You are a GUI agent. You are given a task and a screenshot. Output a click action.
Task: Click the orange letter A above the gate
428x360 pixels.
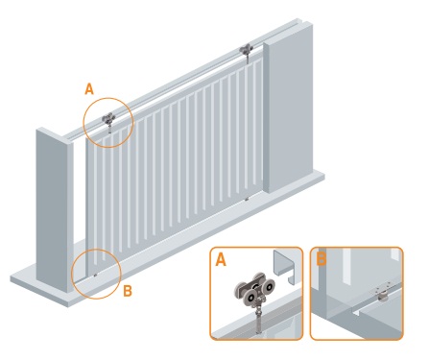click(x=89, y=89)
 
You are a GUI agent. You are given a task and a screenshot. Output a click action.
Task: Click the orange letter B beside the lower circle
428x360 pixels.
click(x=128, y=291)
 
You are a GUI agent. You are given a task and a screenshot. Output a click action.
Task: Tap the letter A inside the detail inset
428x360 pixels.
click(x=221, y=259)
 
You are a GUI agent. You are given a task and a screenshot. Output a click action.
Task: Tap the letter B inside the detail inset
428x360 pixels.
click(x=321, y=259)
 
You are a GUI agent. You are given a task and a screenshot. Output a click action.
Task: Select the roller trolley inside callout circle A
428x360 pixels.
click(x=108, y=119)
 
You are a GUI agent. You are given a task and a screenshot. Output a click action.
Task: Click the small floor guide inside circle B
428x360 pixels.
click(x=95, y=275)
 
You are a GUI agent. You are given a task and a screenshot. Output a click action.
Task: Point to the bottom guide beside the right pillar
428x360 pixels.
click(x=247, y=199)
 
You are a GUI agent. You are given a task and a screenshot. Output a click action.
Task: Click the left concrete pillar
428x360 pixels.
click(x=55, y=210)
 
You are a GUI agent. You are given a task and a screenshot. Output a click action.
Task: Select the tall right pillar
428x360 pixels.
click(x=288, y=108)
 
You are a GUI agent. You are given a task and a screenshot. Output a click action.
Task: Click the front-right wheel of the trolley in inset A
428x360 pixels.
click(x=269, y=287)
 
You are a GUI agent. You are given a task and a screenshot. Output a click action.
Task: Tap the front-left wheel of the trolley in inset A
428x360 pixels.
click(x=251, y=299)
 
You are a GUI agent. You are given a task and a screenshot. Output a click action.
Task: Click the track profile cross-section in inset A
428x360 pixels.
click(x=284, y=267)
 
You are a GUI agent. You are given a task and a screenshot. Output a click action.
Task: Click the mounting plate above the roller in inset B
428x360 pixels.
click(x=382, y=288)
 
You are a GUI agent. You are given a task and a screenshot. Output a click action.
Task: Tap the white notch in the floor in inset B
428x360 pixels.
click(x=356, y=311)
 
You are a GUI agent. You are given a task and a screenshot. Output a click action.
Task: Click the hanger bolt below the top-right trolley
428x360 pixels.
click(x=247, y=59)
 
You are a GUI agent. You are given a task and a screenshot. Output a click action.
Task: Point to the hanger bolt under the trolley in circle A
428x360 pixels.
click(x=109, y=129)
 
